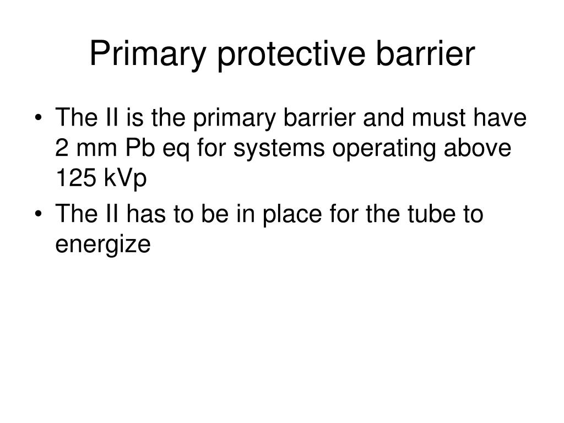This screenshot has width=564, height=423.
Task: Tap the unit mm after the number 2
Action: tap(91, 149)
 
